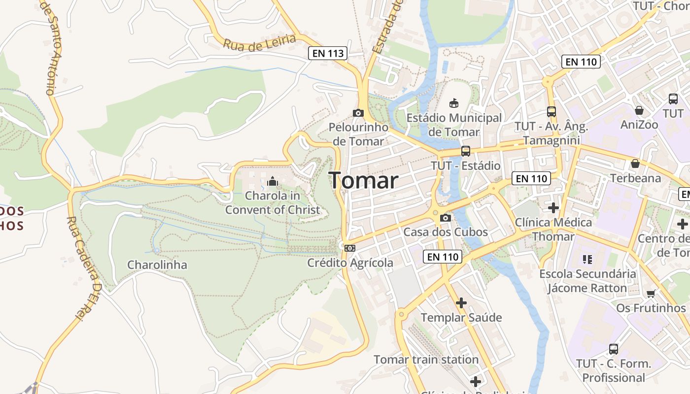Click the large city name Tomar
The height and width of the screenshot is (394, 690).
(363, 181)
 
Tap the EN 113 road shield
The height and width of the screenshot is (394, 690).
(328, 53)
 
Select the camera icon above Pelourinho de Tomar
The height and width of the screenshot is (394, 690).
(358, 113)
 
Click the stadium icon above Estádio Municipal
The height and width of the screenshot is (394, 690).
(453, 103)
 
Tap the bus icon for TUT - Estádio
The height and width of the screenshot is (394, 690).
(465, 151)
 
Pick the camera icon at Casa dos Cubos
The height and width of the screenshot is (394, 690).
(446, 218)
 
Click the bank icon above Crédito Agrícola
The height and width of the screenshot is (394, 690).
(350, 248)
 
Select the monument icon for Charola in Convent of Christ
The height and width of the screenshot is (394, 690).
(272, 182)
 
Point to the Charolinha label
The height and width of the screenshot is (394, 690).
(157, 265)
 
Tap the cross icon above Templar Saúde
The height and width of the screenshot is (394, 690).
(461, 303)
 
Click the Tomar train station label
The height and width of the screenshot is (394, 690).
(426, 360)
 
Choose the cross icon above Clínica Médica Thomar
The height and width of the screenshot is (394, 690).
(553, 208)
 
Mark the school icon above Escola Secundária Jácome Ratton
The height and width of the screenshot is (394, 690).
(586, 259)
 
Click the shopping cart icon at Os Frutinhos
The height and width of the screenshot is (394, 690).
(651, 294)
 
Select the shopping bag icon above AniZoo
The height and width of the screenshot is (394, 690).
(639, 110)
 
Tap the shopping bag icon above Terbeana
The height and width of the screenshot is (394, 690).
(635, 164)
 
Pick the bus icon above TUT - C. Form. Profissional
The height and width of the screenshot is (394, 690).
(613, 349)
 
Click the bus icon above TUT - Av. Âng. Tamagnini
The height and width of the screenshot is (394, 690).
(551, 112)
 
